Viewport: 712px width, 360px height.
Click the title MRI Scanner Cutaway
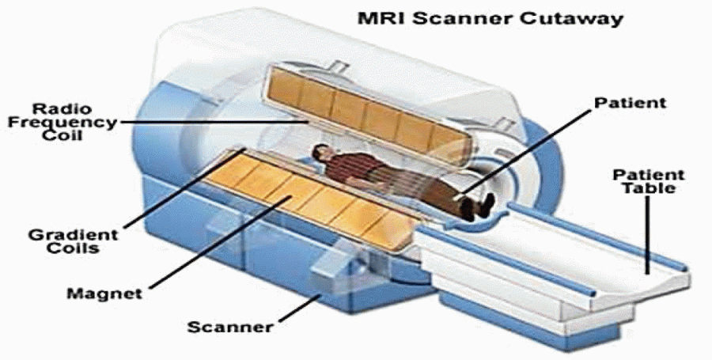coord(490,19)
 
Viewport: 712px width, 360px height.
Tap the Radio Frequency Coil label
coord(62,122)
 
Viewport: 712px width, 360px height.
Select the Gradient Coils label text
coord(73,241)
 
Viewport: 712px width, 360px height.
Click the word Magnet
coord(104,294)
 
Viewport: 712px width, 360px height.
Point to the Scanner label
coord(231,327)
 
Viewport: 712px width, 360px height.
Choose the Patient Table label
coord(649,181)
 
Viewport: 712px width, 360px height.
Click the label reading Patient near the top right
coord(631,103)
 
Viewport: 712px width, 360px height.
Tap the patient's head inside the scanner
coord(321,153)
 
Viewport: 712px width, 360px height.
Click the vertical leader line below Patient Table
coord(648,235)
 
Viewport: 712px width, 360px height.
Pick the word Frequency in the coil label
coord(62,123)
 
